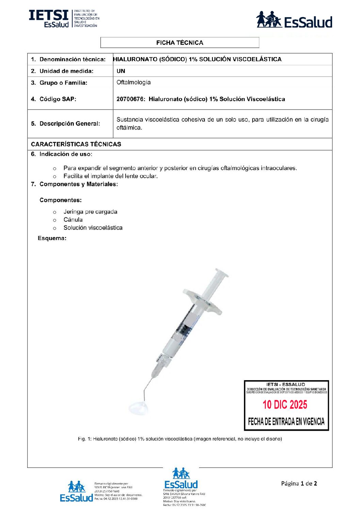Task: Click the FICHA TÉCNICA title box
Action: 180,43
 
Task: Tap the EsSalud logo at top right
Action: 294,20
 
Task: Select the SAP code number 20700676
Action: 131,99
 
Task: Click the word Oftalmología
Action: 133,82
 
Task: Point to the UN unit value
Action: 121,71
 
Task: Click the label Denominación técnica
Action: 72,59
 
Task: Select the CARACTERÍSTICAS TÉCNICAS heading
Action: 76,144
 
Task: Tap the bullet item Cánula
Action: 73,220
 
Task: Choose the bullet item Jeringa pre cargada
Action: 90,211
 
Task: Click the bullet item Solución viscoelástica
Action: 93,228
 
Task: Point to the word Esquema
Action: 52,238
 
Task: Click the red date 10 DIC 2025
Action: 285,405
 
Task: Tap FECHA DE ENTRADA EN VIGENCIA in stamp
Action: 286,422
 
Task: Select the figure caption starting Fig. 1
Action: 180,439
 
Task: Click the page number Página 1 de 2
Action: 299,483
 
